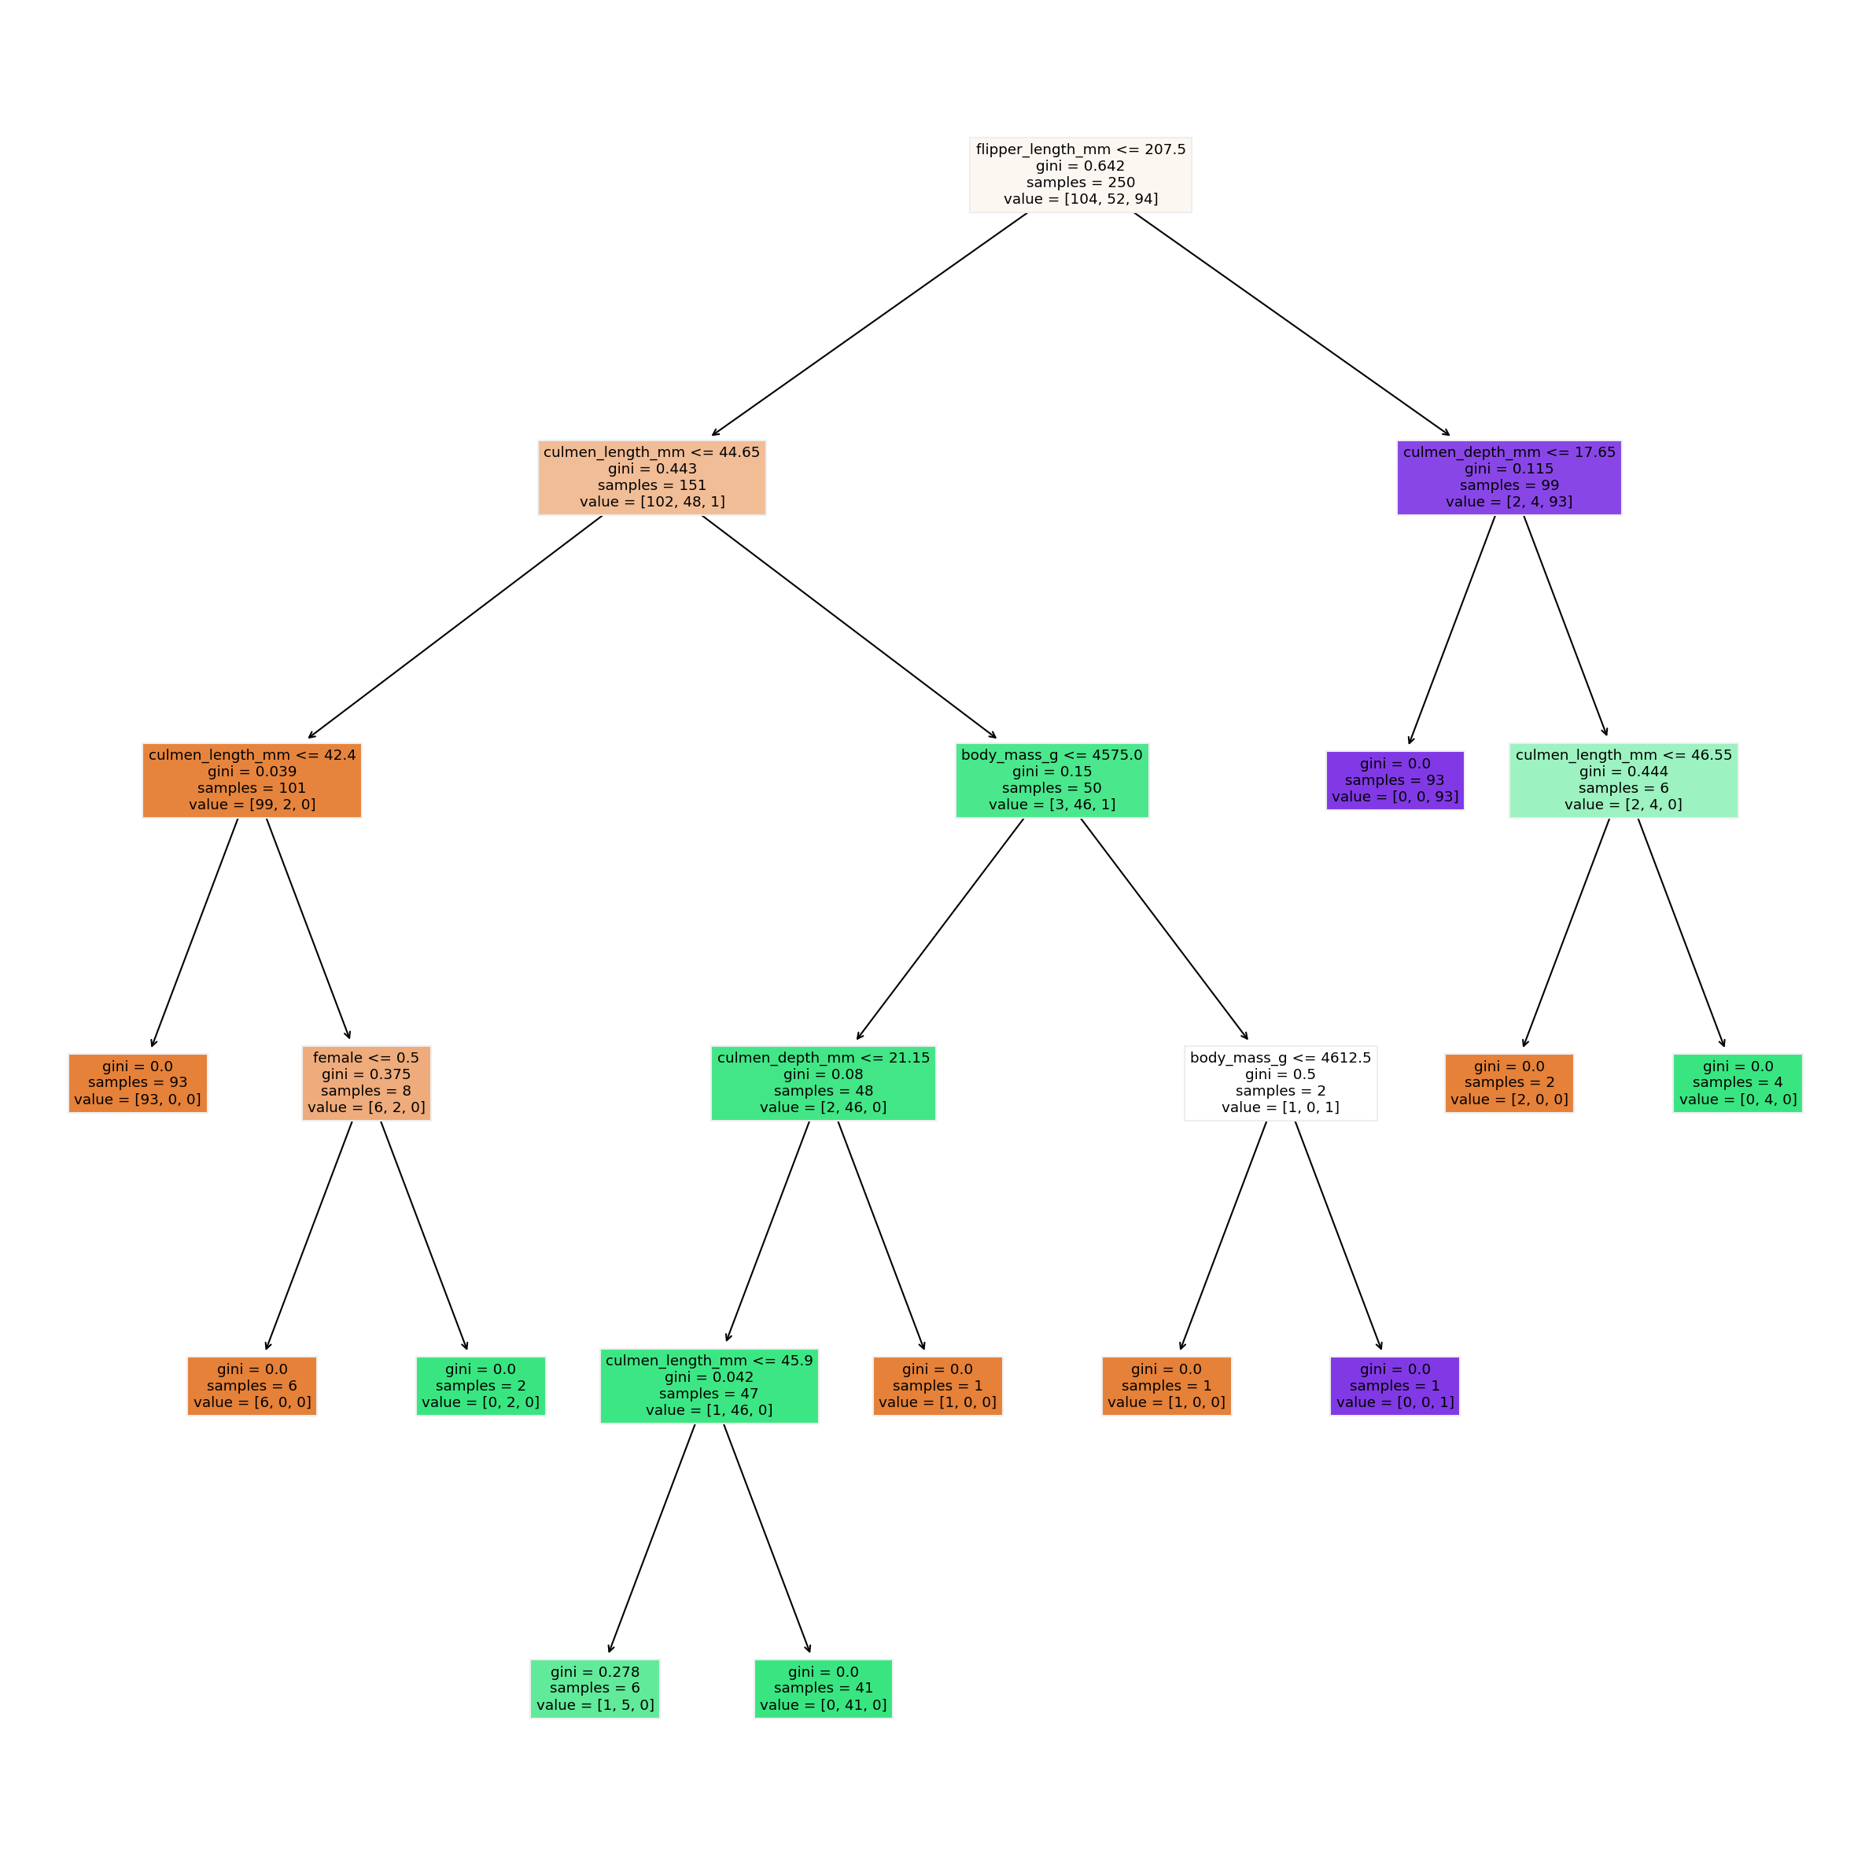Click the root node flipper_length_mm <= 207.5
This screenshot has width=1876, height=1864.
[1080, 175]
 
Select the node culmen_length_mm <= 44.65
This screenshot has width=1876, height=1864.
[651, 477]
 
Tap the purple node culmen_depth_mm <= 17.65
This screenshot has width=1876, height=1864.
[1508, 477]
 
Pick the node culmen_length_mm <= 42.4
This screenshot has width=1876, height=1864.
[252, 780]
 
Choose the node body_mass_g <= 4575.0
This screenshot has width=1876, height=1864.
[1052, 780]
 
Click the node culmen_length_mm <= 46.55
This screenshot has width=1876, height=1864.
[1623, 780]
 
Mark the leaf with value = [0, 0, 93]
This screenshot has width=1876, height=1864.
[1395, 780]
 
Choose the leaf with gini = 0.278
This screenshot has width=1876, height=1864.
[594, 1689]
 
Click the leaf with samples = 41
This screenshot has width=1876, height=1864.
[823, 1689]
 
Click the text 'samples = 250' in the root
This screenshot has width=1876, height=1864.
[1080, 182]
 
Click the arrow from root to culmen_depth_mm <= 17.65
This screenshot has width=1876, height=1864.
[1292, 324]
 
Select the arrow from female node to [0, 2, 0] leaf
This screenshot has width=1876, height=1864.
[423, 1235]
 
